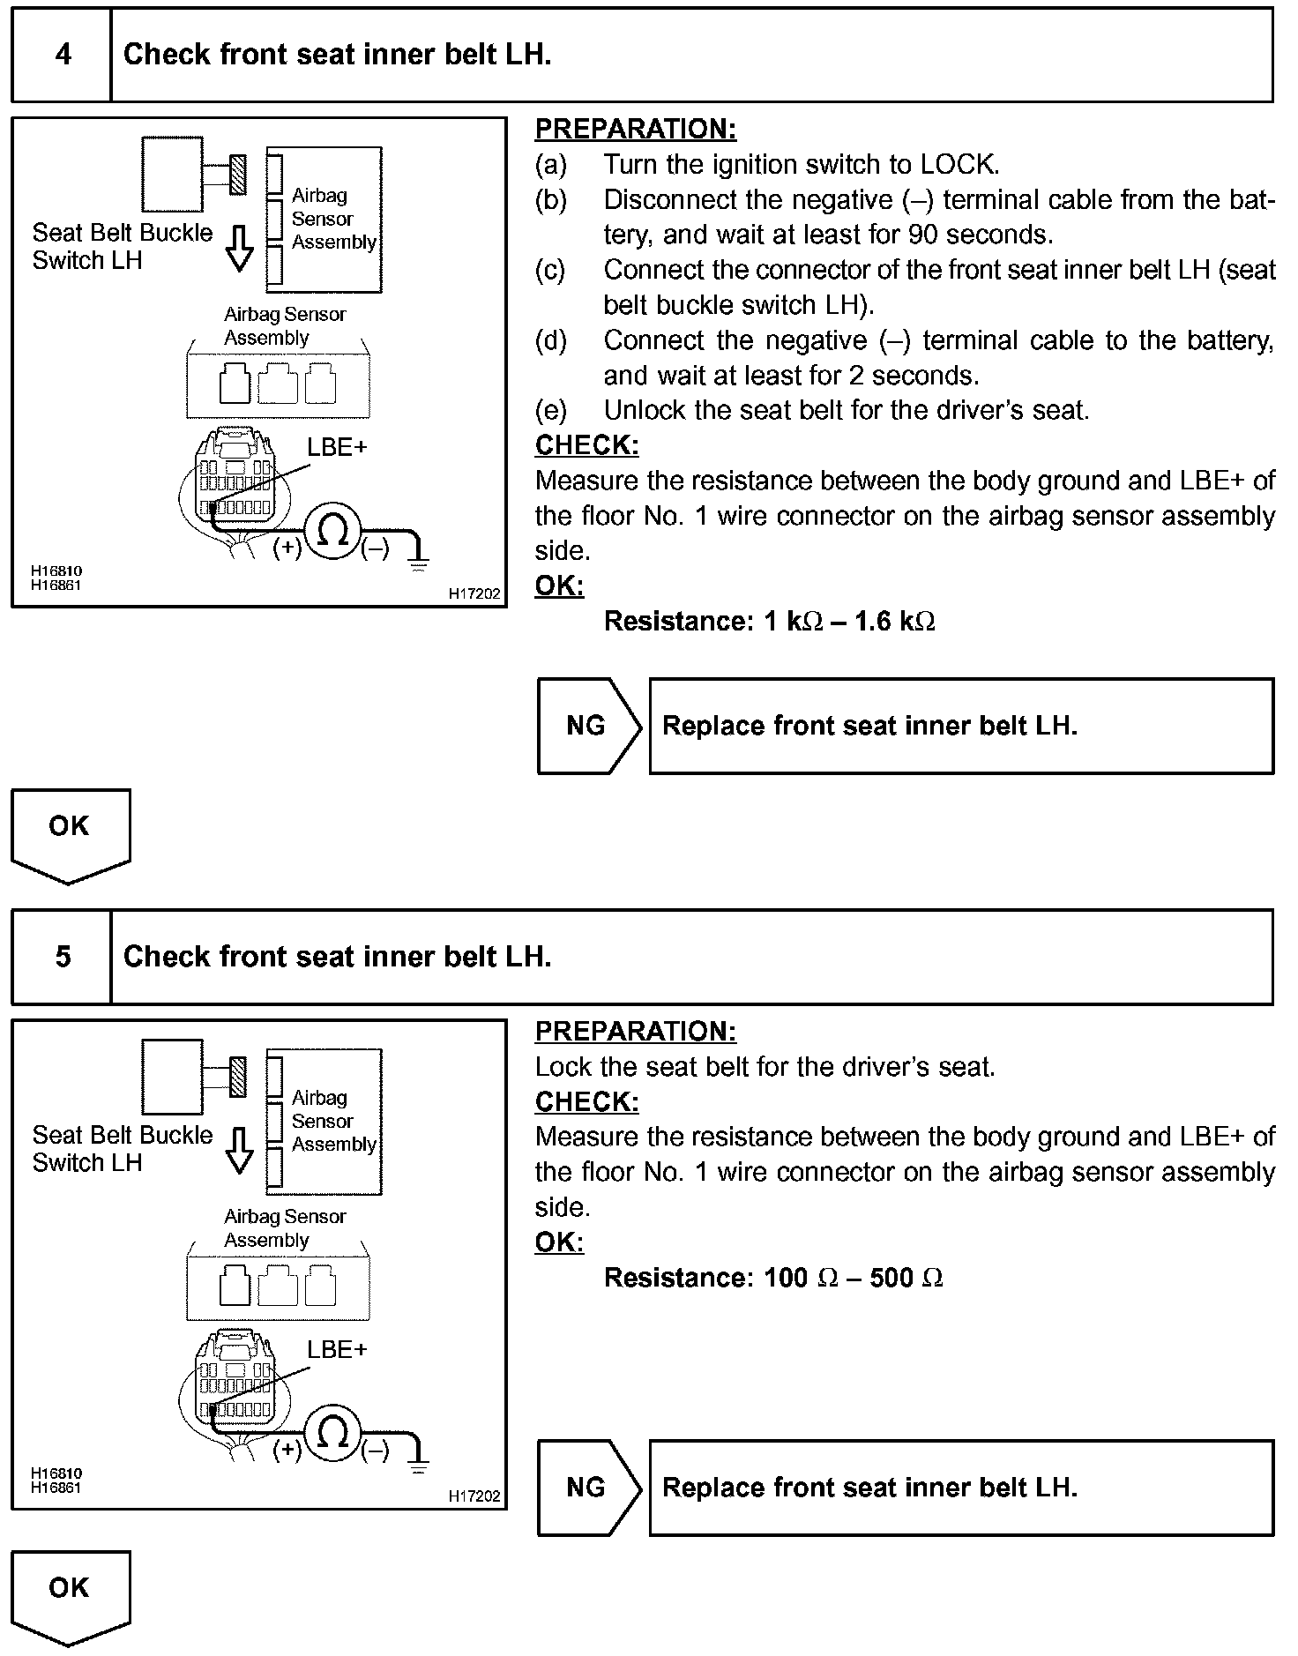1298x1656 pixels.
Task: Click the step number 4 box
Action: (63, 55)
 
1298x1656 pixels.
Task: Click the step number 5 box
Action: (63, 957)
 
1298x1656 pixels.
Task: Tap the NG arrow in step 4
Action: (588, 726)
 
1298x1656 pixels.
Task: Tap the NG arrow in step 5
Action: (588, 1488)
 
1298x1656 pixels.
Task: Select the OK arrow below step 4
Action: (70, 832)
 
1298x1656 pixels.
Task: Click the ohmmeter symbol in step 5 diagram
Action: (332, 1434)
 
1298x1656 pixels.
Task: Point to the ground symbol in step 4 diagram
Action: (419, 556)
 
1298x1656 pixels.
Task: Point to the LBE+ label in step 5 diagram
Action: (336, 1350)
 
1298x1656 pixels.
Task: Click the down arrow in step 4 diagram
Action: (239, 248)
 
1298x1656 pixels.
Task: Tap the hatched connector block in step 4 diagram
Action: (237, 174)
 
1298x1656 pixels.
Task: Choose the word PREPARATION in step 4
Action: (635, 129)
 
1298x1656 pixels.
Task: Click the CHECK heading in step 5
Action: (586, 1101)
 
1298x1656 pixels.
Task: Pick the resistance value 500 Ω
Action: (906, 1278)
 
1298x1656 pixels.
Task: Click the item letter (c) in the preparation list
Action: (550, 270)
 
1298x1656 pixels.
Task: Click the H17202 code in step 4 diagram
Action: (474, 594)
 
